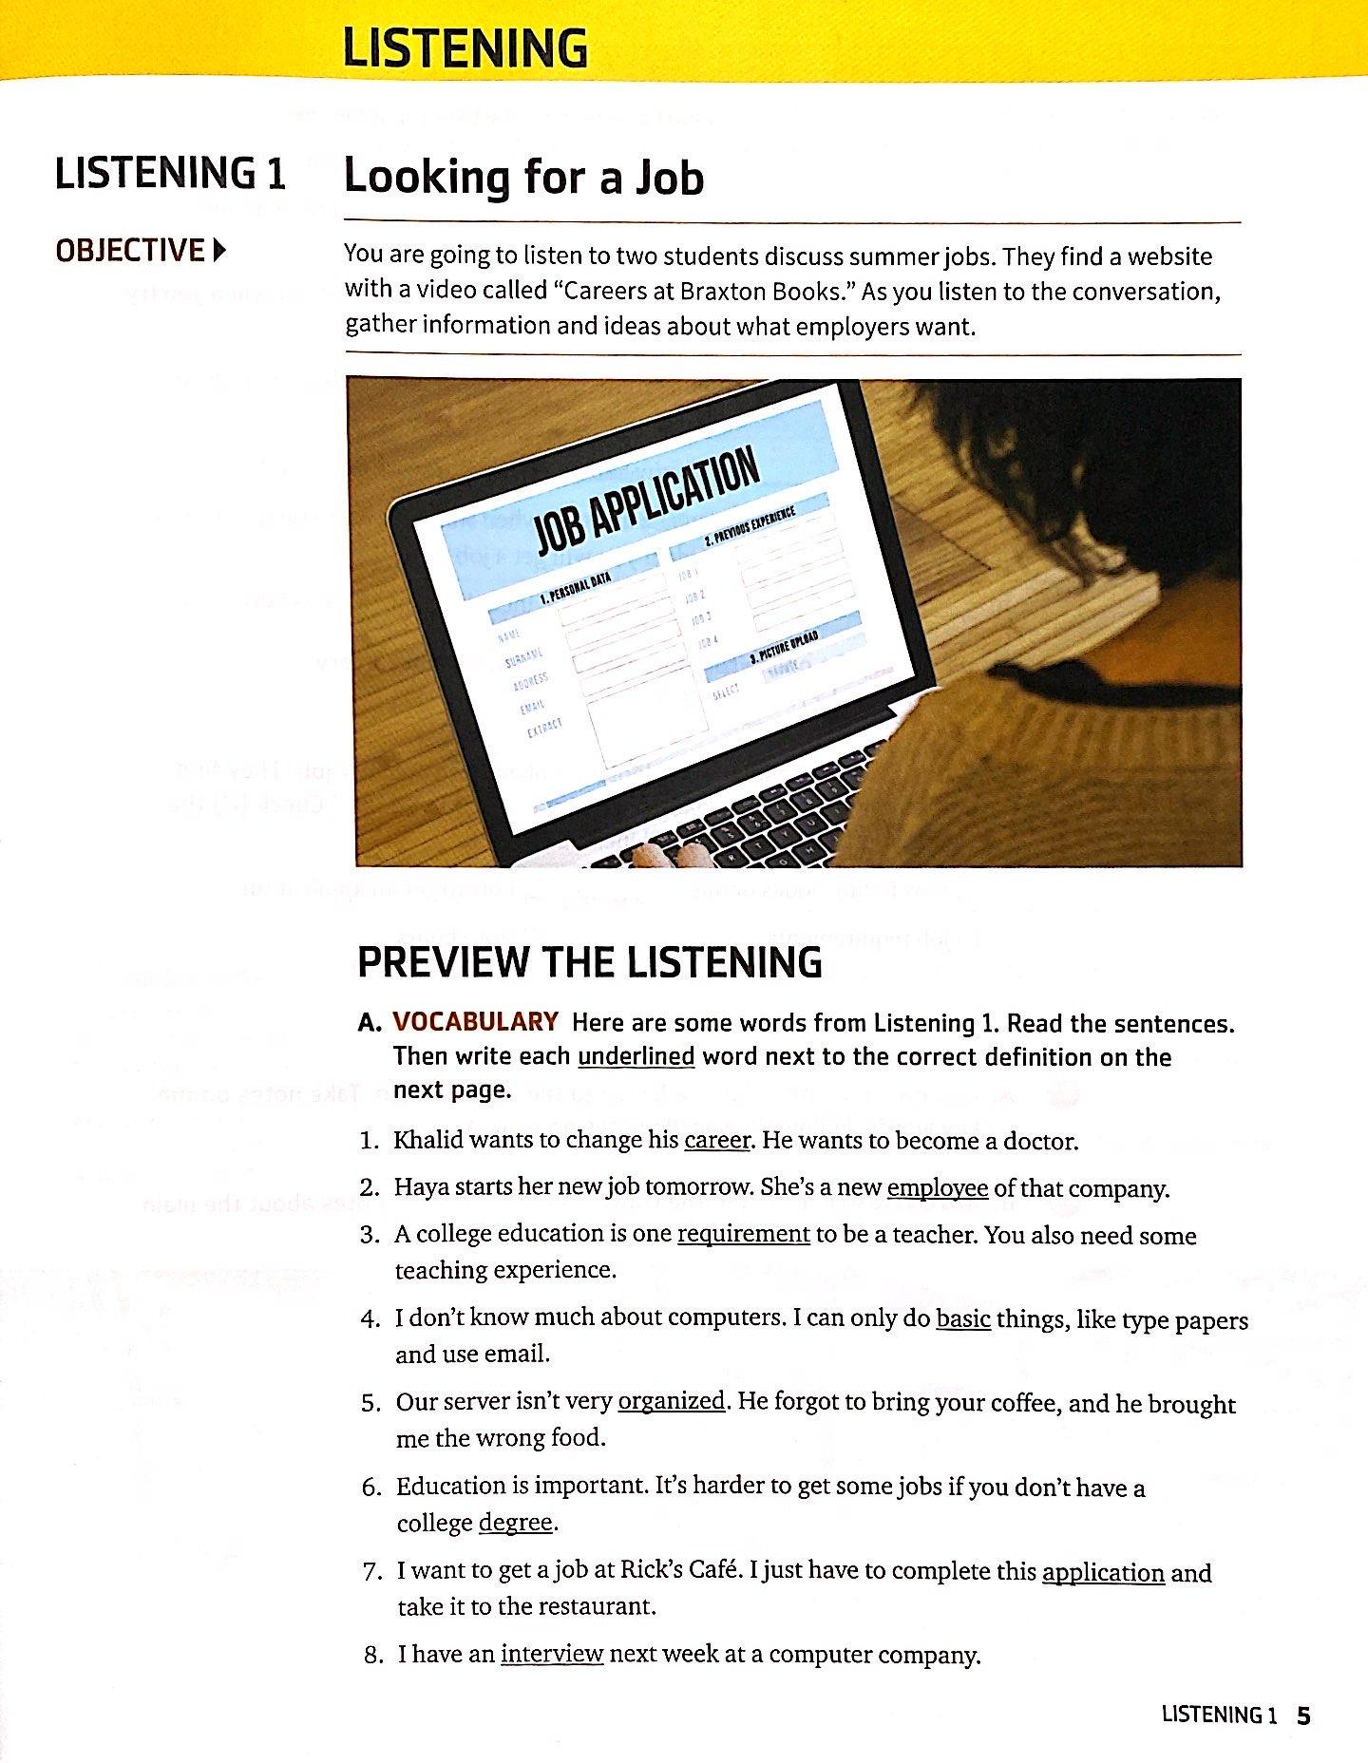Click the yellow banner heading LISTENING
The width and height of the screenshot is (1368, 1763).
point(465,47)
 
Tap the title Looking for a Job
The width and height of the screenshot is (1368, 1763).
point(523,178)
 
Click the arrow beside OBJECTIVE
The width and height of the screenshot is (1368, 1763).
point(220,251)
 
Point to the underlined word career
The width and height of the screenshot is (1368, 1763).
point(717,1140)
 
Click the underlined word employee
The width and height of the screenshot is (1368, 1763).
point(937,1188)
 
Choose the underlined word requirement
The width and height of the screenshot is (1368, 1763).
point(743,1234)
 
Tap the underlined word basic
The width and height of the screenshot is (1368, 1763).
point(963,1319)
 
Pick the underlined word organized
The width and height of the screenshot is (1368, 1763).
point(671,1402)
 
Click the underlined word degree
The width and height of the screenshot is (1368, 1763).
point(515,1523)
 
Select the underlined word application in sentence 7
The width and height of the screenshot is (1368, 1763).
point(1103,1572)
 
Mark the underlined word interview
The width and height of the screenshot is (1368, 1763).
point(552,1654)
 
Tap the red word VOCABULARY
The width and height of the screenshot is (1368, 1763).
point(475,1022)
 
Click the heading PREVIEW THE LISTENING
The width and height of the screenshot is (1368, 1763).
point(589,963)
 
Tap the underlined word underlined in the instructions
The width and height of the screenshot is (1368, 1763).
point(636,1057)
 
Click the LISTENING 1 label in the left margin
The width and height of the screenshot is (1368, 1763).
point(170,175)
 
